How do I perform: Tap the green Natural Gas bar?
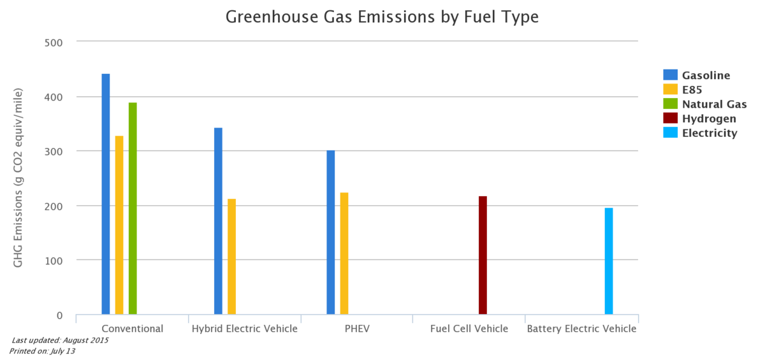133,208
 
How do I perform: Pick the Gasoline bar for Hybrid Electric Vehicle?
218,220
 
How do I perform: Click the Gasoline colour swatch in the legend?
671,75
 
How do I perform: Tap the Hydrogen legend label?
709,119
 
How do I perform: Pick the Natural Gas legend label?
714,104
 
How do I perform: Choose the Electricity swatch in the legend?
671,133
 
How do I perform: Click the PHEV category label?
356,329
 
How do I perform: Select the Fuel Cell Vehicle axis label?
469,329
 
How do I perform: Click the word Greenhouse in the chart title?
262,17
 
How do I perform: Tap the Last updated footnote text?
61,341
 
